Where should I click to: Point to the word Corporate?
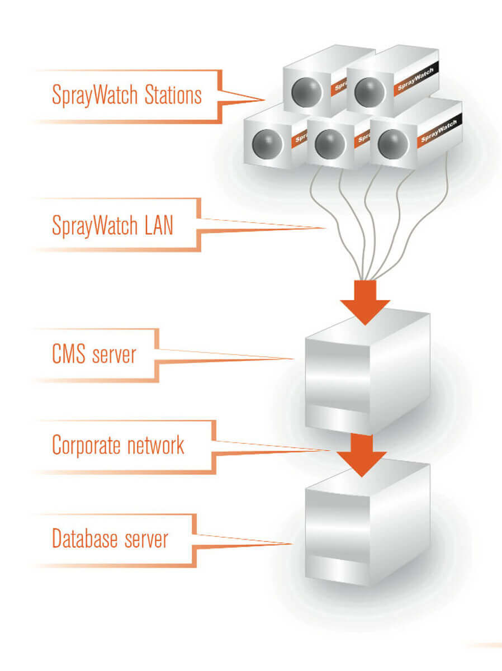pyautogui.click(x=86, y=446)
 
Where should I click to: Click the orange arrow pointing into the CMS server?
pyautogui.click(x=365, y=302)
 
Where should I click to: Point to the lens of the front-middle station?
pyautogui.click(x=328, y=144)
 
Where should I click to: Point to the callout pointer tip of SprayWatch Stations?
pyautogui.click(x=264, y=100)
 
